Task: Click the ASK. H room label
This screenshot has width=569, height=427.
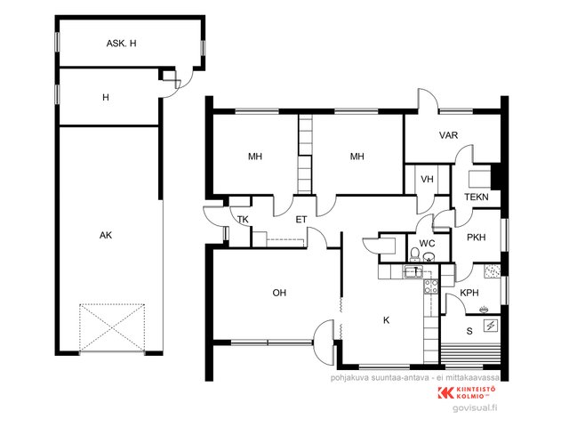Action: pos(121,44)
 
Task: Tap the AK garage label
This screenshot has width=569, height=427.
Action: pos(106,235)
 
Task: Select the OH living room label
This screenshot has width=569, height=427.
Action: pos(279,293)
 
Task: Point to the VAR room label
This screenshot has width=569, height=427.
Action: pos(448,135)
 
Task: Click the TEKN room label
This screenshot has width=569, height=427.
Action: pos(477,197)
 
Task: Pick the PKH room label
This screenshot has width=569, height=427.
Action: pos(477,238)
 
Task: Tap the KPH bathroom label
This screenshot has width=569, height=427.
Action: pos(469,293)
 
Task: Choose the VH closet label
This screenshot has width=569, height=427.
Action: pos(427,179)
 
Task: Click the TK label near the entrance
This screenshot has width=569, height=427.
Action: pos(243,220)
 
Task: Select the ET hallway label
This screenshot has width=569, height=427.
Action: pos(301,220)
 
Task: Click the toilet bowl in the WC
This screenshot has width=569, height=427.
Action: pos(414,254)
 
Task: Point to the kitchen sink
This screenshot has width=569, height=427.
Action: pos(413,271)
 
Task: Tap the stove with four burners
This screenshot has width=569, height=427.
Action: pos(431,286)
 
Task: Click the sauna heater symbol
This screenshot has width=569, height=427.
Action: pos(491,326)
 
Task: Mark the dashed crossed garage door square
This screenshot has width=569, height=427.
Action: pos(112,327)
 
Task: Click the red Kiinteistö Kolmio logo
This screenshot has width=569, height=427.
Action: pos(467,392)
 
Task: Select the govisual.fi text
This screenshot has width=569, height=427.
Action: pos(475,408)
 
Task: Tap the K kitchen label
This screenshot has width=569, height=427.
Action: pos(386,320)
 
